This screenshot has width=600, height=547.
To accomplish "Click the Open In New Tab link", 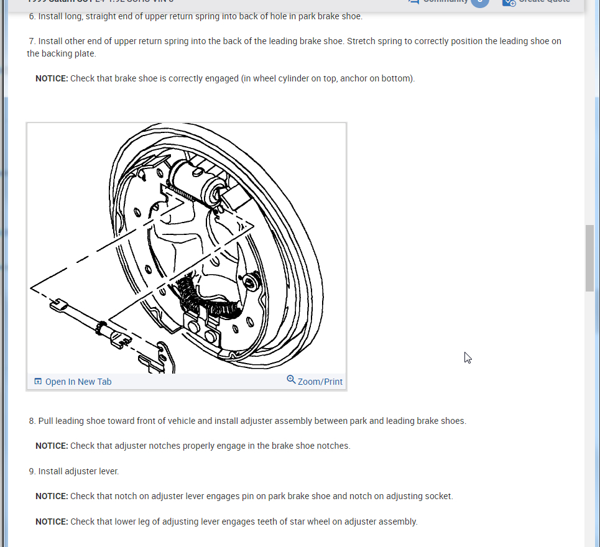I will pos(78,382).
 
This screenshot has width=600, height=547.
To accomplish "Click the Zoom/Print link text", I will pos(320,382).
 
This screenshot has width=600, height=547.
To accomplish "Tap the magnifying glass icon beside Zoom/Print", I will pos(291,380).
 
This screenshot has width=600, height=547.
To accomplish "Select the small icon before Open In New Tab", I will pos(38,382).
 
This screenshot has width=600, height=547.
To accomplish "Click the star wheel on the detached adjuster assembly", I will pos(99,326).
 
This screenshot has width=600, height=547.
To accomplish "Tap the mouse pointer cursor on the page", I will pos(468,357).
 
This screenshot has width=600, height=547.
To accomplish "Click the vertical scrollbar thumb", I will pos(589,258).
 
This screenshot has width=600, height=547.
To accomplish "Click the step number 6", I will pos(32,16).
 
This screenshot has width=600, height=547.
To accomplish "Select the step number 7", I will pos(32,42).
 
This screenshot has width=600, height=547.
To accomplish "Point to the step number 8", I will pos(32,421).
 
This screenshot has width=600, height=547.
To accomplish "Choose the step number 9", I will pos(32,471).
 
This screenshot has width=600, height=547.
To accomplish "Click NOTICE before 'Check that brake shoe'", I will pos(52,79).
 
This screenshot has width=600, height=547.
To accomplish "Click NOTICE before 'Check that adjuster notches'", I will pos(52,446).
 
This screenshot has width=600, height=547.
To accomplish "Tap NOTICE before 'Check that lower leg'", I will pos(52,522).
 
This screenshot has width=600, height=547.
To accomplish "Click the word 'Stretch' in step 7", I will pos(362,42).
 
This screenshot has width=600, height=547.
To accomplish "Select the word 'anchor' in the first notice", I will pos(353,79).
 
